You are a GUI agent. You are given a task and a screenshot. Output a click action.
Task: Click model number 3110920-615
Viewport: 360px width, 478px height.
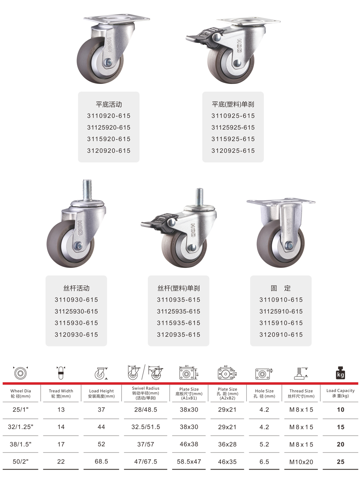109,116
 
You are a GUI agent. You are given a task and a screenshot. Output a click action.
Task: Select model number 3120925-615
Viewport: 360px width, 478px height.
233,151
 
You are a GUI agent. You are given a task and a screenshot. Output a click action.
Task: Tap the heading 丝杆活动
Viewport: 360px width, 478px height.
76,288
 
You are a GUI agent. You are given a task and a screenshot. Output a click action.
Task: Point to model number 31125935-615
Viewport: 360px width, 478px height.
178,311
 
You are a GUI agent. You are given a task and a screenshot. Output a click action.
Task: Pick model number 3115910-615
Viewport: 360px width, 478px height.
281,323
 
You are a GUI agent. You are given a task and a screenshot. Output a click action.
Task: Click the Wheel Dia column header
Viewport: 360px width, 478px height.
20,394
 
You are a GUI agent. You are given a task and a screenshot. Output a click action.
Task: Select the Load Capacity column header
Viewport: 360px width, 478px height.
340,393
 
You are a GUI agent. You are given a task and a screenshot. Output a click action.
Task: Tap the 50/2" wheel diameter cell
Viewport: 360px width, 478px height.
20,462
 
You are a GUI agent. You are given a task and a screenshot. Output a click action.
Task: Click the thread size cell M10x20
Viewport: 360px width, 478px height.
301,462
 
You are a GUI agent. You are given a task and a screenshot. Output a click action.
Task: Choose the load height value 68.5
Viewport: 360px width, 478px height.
101,462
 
